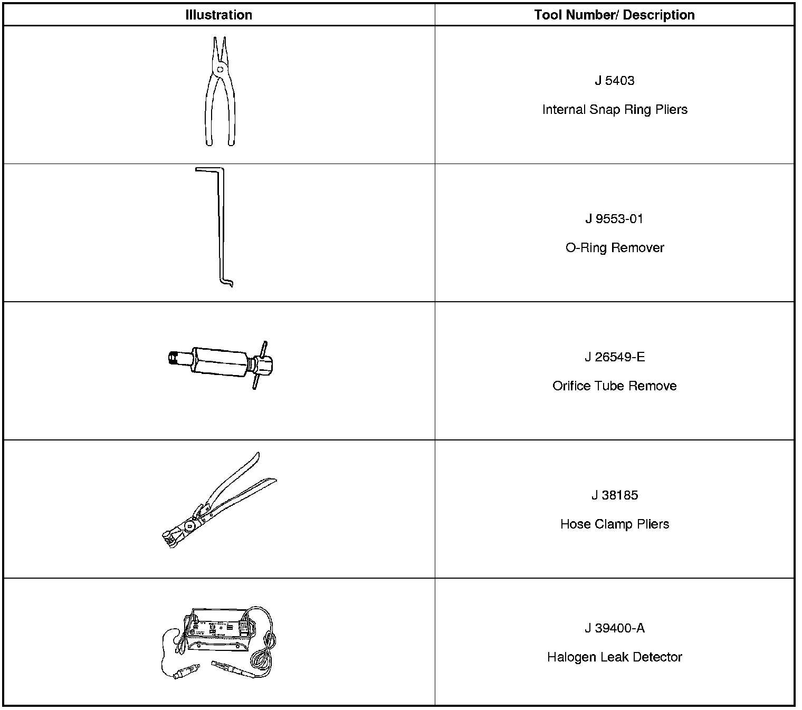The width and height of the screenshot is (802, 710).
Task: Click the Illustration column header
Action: click(x=218, y=15)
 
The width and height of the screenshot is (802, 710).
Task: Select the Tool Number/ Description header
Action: click(x=614, y=15)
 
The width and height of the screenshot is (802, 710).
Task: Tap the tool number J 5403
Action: click(x=614, y=81)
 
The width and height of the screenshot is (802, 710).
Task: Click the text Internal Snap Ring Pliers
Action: click(x=615, y=110)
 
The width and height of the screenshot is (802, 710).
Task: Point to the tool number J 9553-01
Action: click(x=614, y=219)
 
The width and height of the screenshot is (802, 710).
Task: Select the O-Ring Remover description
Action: click(x=615, y=248)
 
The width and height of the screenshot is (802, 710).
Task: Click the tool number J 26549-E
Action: click(x=614, y=357)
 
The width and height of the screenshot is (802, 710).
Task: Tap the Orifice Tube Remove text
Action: click(x=615, y=386)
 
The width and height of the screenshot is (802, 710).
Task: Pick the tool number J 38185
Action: click(x=614, y=495)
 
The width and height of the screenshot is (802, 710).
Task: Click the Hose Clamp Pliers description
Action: click(x=615, y=524)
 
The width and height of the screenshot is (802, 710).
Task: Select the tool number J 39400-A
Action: click(x=614, y=628)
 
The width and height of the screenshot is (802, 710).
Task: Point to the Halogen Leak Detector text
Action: click(x=615, y=657)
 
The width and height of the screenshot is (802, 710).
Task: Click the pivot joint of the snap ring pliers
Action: click(x=219, y=69)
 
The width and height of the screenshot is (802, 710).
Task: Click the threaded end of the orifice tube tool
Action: click(x=173, y=358)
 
